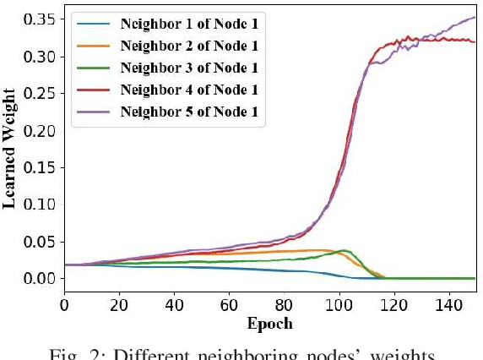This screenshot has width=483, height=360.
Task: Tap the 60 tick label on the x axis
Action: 230,304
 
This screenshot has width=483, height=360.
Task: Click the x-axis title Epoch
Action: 269,324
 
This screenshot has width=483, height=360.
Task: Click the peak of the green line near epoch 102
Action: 344,250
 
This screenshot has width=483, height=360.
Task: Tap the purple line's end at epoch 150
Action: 476,18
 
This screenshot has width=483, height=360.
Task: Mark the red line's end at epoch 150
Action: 476,41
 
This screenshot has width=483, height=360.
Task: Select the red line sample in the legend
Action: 95,89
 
